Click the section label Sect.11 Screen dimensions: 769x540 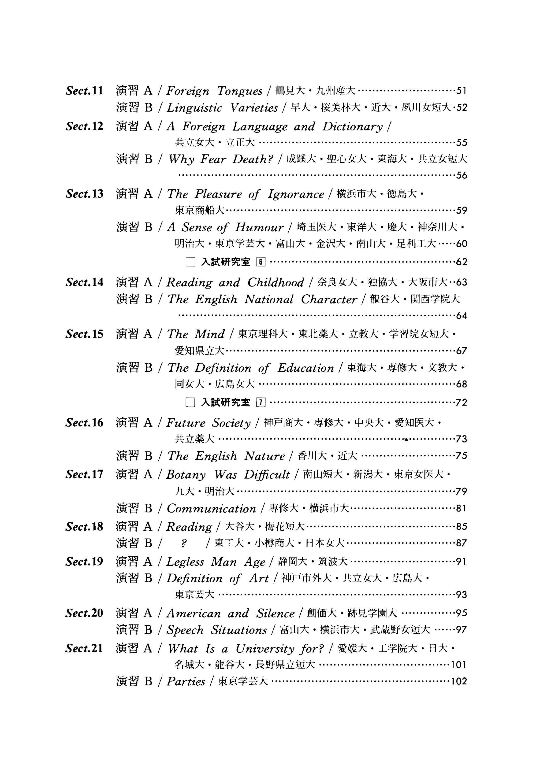[84, 91]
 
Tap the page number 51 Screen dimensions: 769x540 [461, 91]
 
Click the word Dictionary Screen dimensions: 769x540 [352, 127]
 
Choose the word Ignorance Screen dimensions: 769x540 [296, 194]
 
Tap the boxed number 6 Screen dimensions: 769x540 [260, 262]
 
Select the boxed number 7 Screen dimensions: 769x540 [260, 402]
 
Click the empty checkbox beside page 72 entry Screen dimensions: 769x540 [190, 402]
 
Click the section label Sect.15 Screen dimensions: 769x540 [84, 334]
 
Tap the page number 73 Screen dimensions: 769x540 [461, 439]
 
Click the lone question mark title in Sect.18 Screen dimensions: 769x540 [183, 543]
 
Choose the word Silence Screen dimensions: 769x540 [275, 614]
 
